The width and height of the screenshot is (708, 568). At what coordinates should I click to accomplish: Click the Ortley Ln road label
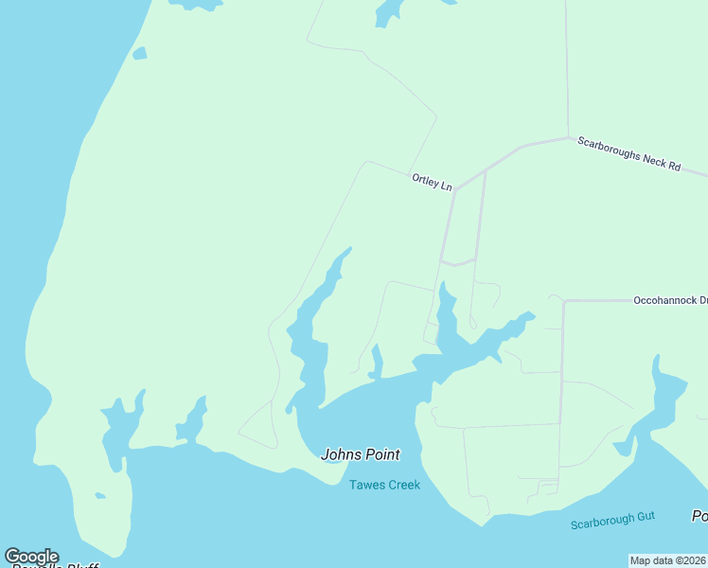tap(432, 182)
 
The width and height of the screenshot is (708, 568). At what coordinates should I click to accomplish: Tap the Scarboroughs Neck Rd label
tap(629, 153)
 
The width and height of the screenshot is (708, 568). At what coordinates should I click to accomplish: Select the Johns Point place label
tap(360, 454)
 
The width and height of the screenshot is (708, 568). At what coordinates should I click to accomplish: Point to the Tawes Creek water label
tap(384, 485)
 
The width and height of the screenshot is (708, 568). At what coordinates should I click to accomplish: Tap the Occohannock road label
tap(670, 300)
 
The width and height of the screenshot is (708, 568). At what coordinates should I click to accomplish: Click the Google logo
tap(31, 557)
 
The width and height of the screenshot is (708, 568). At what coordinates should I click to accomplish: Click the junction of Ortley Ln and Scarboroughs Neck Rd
tap(455, 188)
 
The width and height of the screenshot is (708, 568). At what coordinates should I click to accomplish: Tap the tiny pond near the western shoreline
tap(139, 54)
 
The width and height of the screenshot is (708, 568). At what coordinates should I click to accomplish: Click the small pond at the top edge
tap(388, 12)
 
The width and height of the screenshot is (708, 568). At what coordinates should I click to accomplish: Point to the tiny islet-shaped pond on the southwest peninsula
tap(99, 495)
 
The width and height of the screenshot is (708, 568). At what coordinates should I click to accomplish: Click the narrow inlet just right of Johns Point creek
tap(377, 363)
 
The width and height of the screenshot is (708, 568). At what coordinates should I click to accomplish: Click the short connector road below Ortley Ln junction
tap(458, 263)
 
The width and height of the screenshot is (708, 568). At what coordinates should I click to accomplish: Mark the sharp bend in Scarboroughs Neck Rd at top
tap(568, 138)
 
